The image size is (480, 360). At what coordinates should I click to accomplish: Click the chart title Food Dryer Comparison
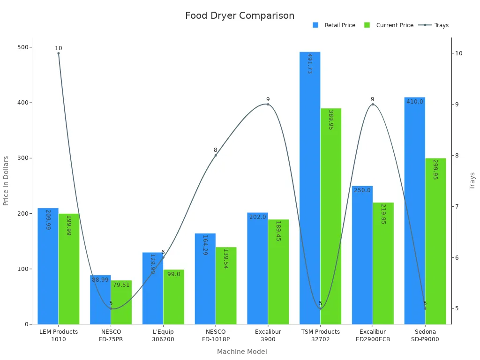240,15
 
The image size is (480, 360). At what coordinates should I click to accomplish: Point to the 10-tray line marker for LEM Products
59,53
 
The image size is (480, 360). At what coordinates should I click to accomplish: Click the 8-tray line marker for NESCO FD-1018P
216,156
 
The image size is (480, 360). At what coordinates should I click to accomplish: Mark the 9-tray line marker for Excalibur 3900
268,105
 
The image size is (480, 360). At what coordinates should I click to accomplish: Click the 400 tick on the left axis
22,103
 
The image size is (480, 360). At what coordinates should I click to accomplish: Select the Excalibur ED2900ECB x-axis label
373,336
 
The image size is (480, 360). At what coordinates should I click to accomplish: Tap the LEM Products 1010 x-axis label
59,336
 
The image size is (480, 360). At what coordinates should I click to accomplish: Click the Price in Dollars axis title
6,180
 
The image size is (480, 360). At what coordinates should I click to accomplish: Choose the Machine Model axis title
242,352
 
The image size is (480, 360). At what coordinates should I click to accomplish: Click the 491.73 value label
310,64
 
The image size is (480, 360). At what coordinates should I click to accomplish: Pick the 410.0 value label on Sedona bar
415,102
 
